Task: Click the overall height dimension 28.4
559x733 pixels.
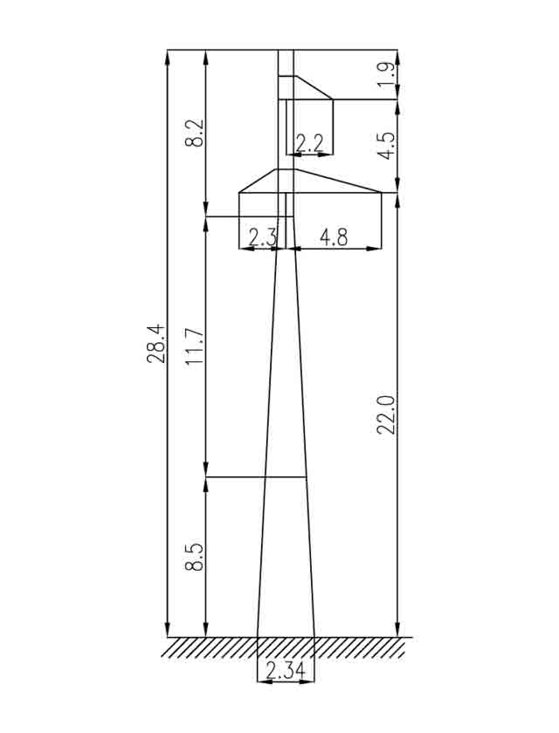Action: pos(155,344)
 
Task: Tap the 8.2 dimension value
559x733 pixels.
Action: pos(195,134)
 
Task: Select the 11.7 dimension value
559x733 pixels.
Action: pos(195,346)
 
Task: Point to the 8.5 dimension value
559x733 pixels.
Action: pos(195,557)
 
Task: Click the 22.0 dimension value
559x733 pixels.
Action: pos(387,414)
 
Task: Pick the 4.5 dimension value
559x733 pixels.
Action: pos(387,146)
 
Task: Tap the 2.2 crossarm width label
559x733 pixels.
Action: pos(308,143)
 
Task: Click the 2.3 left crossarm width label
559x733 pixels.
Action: pos(263,238)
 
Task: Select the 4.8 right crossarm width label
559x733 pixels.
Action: pos(334,237)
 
